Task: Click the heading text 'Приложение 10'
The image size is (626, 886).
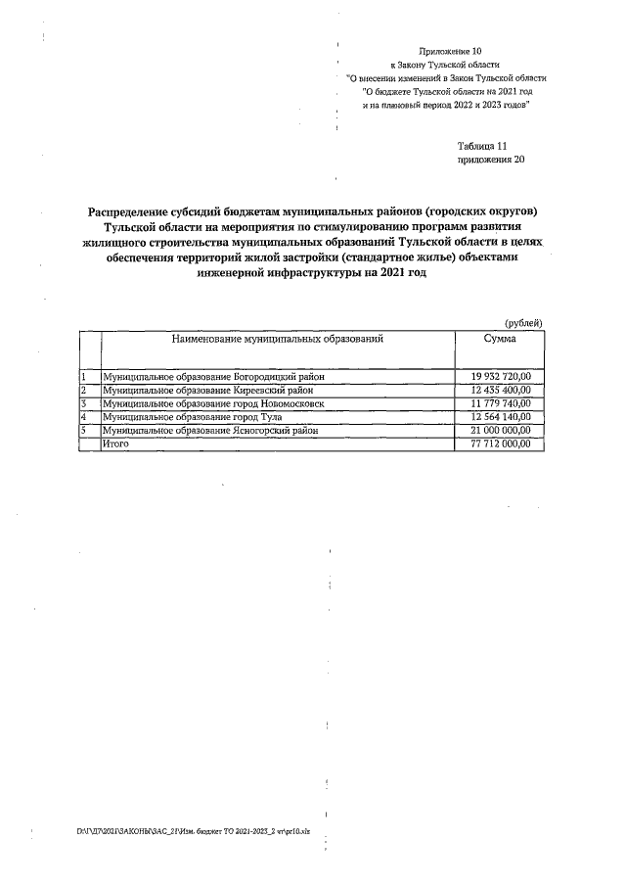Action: [x=450, y=50]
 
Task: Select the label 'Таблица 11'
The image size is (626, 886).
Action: [x=482, y=145]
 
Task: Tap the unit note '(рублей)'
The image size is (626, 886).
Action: [x=523, y=324]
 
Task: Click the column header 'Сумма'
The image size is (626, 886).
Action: [x=500, y=338]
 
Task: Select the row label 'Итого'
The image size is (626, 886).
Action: [x=116, y=443]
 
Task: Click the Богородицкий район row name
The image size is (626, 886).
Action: [x=212, y=377]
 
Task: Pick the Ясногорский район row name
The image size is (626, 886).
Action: [x=209, y=430]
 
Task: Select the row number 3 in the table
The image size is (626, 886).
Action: [x=85, y=403]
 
